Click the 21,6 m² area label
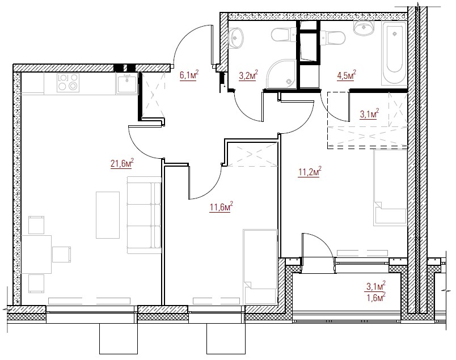122,163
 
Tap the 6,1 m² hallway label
189,75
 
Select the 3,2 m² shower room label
248,75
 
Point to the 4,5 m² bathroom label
347,75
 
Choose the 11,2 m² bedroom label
310,172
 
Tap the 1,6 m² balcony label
376,298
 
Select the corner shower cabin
281,74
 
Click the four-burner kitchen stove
68,83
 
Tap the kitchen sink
127,83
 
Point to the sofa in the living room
144,215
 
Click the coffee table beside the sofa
108,215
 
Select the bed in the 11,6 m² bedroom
260,266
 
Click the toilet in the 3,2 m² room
284,35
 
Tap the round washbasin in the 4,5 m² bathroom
363,27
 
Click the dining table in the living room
36,255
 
